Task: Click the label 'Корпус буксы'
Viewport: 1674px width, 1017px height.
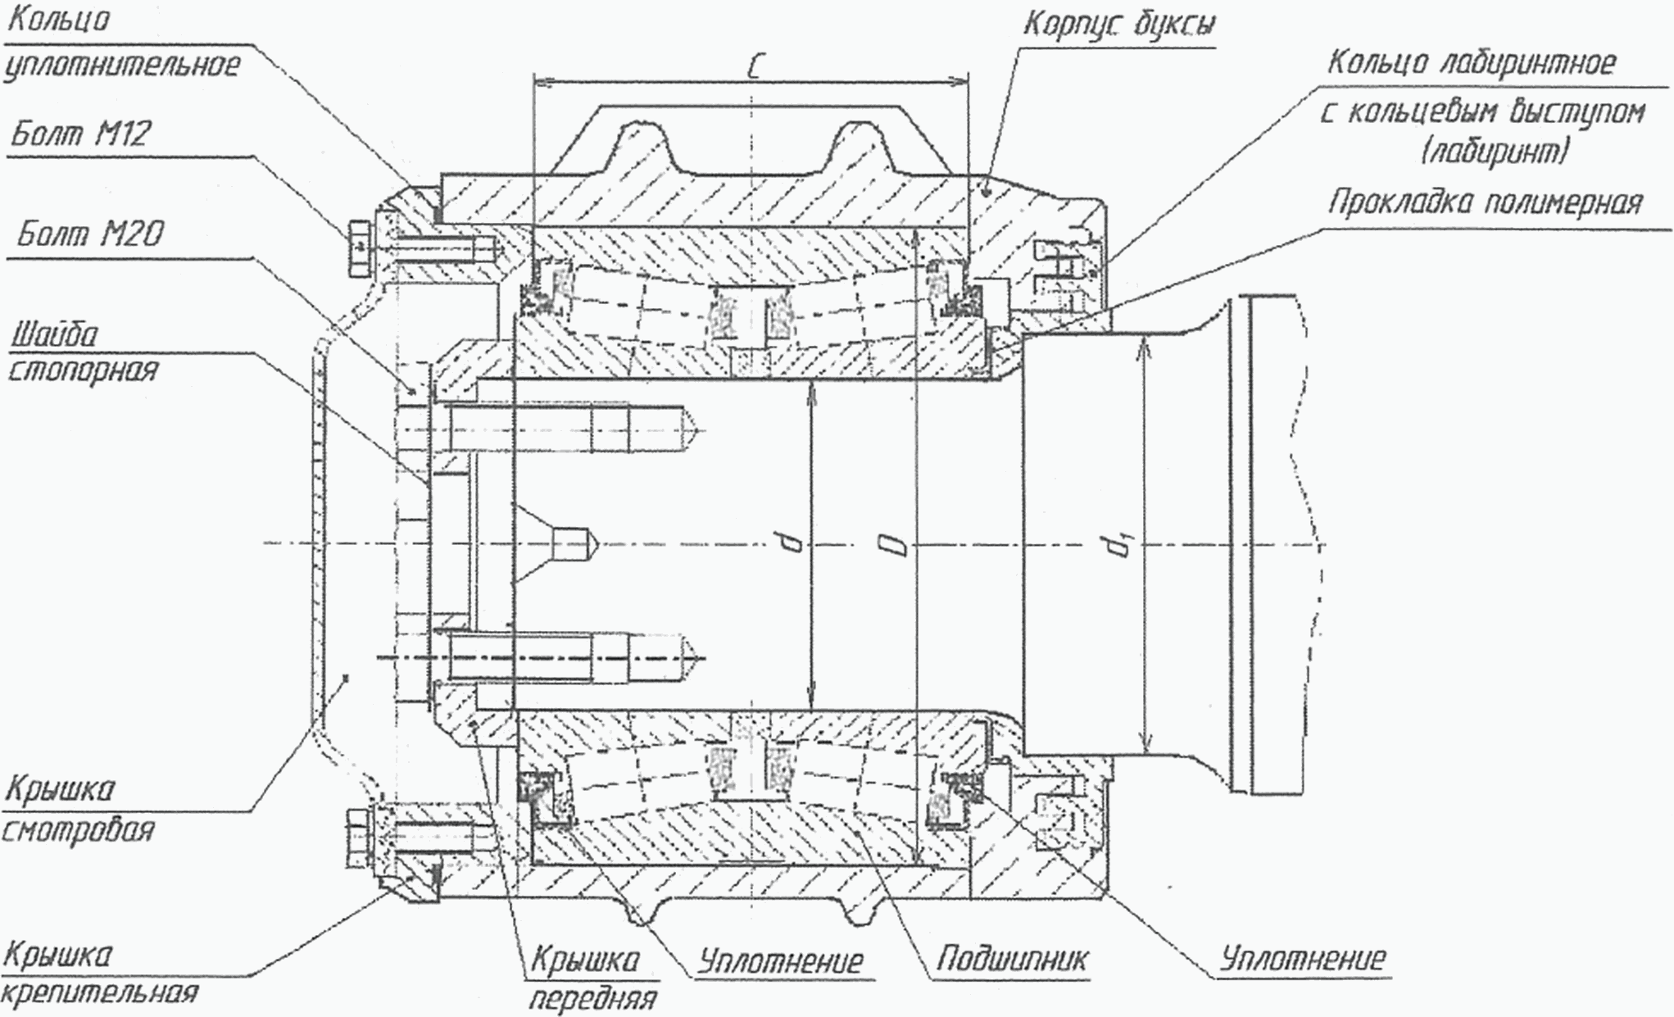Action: coord(1118,25)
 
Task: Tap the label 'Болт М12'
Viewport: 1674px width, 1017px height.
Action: coord(80,134)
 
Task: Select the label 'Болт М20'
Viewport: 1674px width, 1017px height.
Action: coord(90,235)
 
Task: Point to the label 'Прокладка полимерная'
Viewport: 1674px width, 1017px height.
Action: coord(1485,202)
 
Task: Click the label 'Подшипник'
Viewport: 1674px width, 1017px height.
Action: coord(1013,959)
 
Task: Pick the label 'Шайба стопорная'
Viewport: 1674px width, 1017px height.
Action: coord(82,352)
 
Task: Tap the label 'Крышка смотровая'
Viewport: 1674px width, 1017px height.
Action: coord(77,810)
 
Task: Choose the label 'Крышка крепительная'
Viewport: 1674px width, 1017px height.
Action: coord(98,974)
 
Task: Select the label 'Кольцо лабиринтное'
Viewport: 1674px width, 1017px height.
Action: coord(1471,63)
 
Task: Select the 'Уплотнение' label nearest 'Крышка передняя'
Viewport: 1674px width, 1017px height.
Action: coord(780,961)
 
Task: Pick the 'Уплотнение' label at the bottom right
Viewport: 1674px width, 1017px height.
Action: coord(1303,958)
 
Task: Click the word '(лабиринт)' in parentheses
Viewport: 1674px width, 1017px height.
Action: coord(1495,152)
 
